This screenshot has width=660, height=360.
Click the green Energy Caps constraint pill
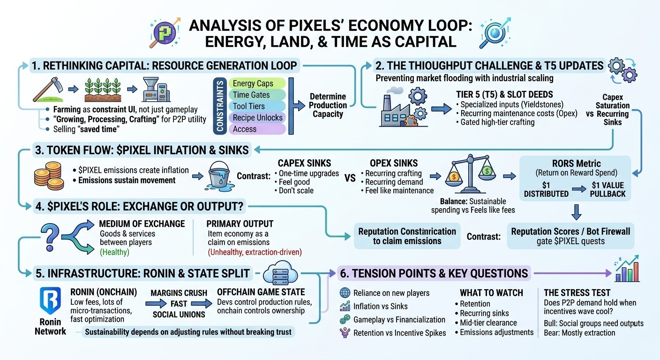coord(256,83)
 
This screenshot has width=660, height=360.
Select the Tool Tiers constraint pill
coord(256,106)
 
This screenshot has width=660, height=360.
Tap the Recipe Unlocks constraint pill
coord(256,118)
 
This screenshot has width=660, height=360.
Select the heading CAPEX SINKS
coord(304,163)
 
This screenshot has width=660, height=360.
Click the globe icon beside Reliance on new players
coord(345,293)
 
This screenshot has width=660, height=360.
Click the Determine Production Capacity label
coord(328,105)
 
